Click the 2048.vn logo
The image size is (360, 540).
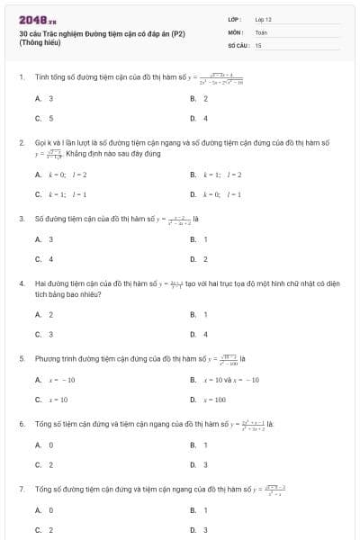(38, 18)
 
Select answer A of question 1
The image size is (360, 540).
(44, 98)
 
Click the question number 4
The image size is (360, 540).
(21, 283)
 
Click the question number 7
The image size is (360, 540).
(21, 489)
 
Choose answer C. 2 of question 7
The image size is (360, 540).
(44, 530)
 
